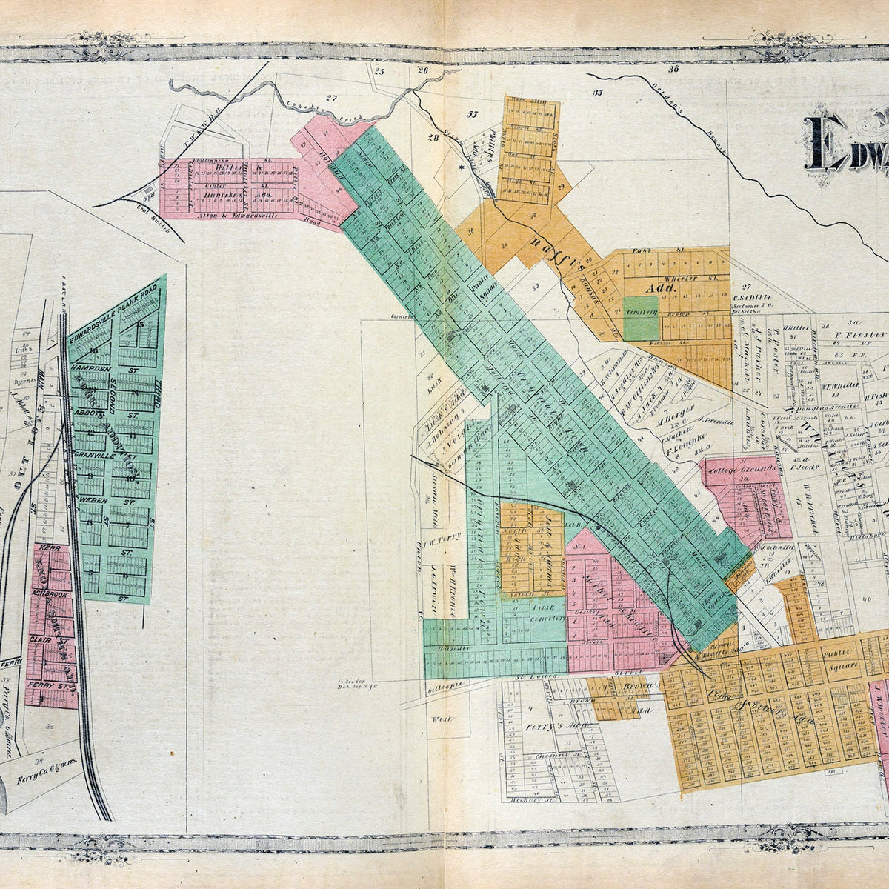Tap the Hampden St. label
click(90, 368)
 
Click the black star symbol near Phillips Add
click(461, 168)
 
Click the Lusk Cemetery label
click(548, 612)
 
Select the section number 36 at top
click(673, 70)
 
